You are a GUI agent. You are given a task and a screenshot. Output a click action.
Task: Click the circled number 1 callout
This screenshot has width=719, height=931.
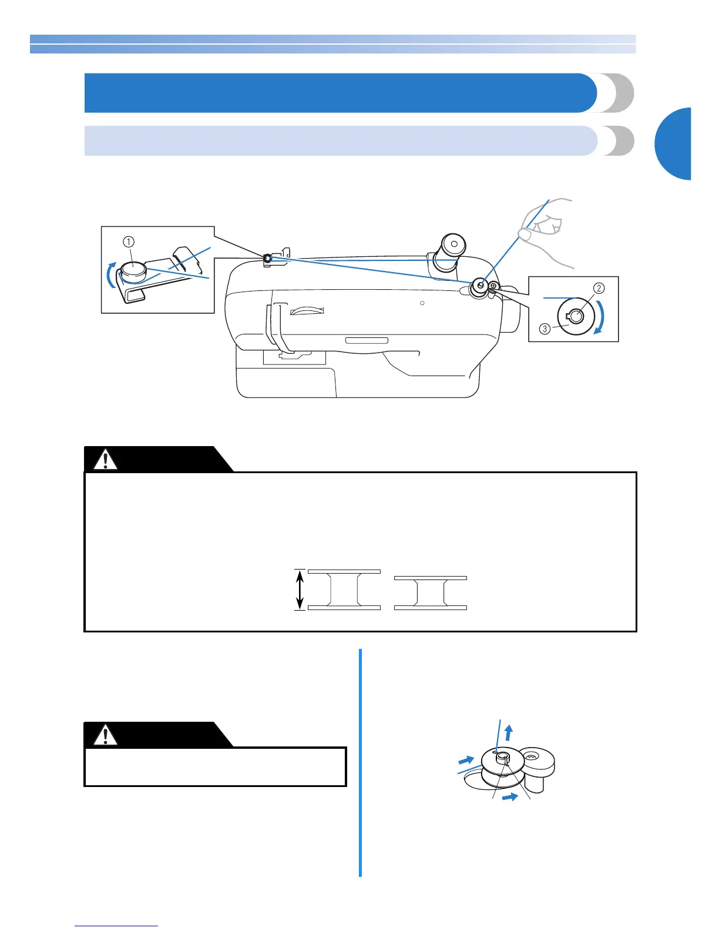coord(129,242)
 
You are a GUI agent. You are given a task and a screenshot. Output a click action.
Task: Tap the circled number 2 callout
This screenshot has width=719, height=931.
coord(599,288)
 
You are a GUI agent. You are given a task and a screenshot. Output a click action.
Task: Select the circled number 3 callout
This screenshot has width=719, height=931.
coord(545,329)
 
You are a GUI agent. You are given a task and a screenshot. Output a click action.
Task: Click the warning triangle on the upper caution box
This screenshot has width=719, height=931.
coord(105,460)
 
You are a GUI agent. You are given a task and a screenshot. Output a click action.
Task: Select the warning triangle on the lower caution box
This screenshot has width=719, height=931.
coord(105,735)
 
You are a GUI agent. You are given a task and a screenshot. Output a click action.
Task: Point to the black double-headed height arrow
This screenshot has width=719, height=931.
coord(300,590)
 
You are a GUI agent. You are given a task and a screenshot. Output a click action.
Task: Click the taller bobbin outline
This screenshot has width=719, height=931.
coord(344,590)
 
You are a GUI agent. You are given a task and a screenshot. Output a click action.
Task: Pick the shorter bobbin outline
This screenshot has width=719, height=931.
coord(431,592)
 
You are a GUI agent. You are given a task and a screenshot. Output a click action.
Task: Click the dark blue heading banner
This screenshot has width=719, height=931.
coord(341,93)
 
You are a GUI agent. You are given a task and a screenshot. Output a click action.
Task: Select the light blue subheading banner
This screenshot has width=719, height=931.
coord(341,140)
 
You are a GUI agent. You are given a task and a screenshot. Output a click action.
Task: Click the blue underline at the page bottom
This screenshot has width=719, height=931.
coord(116,926)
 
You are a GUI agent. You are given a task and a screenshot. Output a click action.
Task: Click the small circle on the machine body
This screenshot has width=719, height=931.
coord(422,303)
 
